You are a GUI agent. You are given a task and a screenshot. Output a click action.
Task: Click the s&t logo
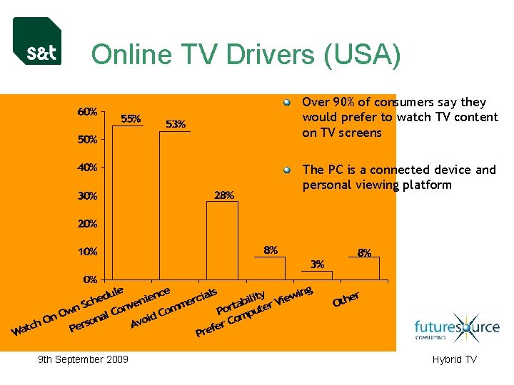coord(37,41)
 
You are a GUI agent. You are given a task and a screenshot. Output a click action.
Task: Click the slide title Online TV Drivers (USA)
coord(246,55)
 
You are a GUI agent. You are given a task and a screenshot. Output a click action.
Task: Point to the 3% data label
coord(318,264)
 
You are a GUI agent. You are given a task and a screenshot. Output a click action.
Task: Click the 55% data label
coord(131,118)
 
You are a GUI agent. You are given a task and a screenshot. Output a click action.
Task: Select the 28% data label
coord(224,195)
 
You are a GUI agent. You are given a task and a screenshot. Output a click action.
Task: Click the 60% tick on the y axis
coord(88,112)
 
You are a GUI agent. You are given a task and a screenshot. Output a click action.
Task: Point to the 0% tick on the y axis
coord(91,279)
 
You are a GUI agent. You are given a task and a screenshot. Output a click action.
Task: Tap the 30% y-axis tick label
coord(88,196)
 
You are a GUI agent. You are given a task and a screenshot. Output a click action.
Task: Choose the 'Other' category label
coord(346,299)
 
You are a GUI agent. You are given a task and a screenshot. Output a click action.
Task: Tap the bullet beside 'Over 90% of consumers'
coord(287,103)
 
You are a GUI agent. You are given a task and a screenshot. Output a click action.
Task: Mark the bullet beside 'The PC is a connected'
coord(287,170)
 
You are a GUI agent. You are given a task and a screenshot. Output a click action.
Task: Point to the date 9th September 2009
coord(83,359)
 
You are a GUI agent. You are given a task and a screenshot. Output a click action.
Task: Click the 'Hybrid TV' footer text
coord(454,359)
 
